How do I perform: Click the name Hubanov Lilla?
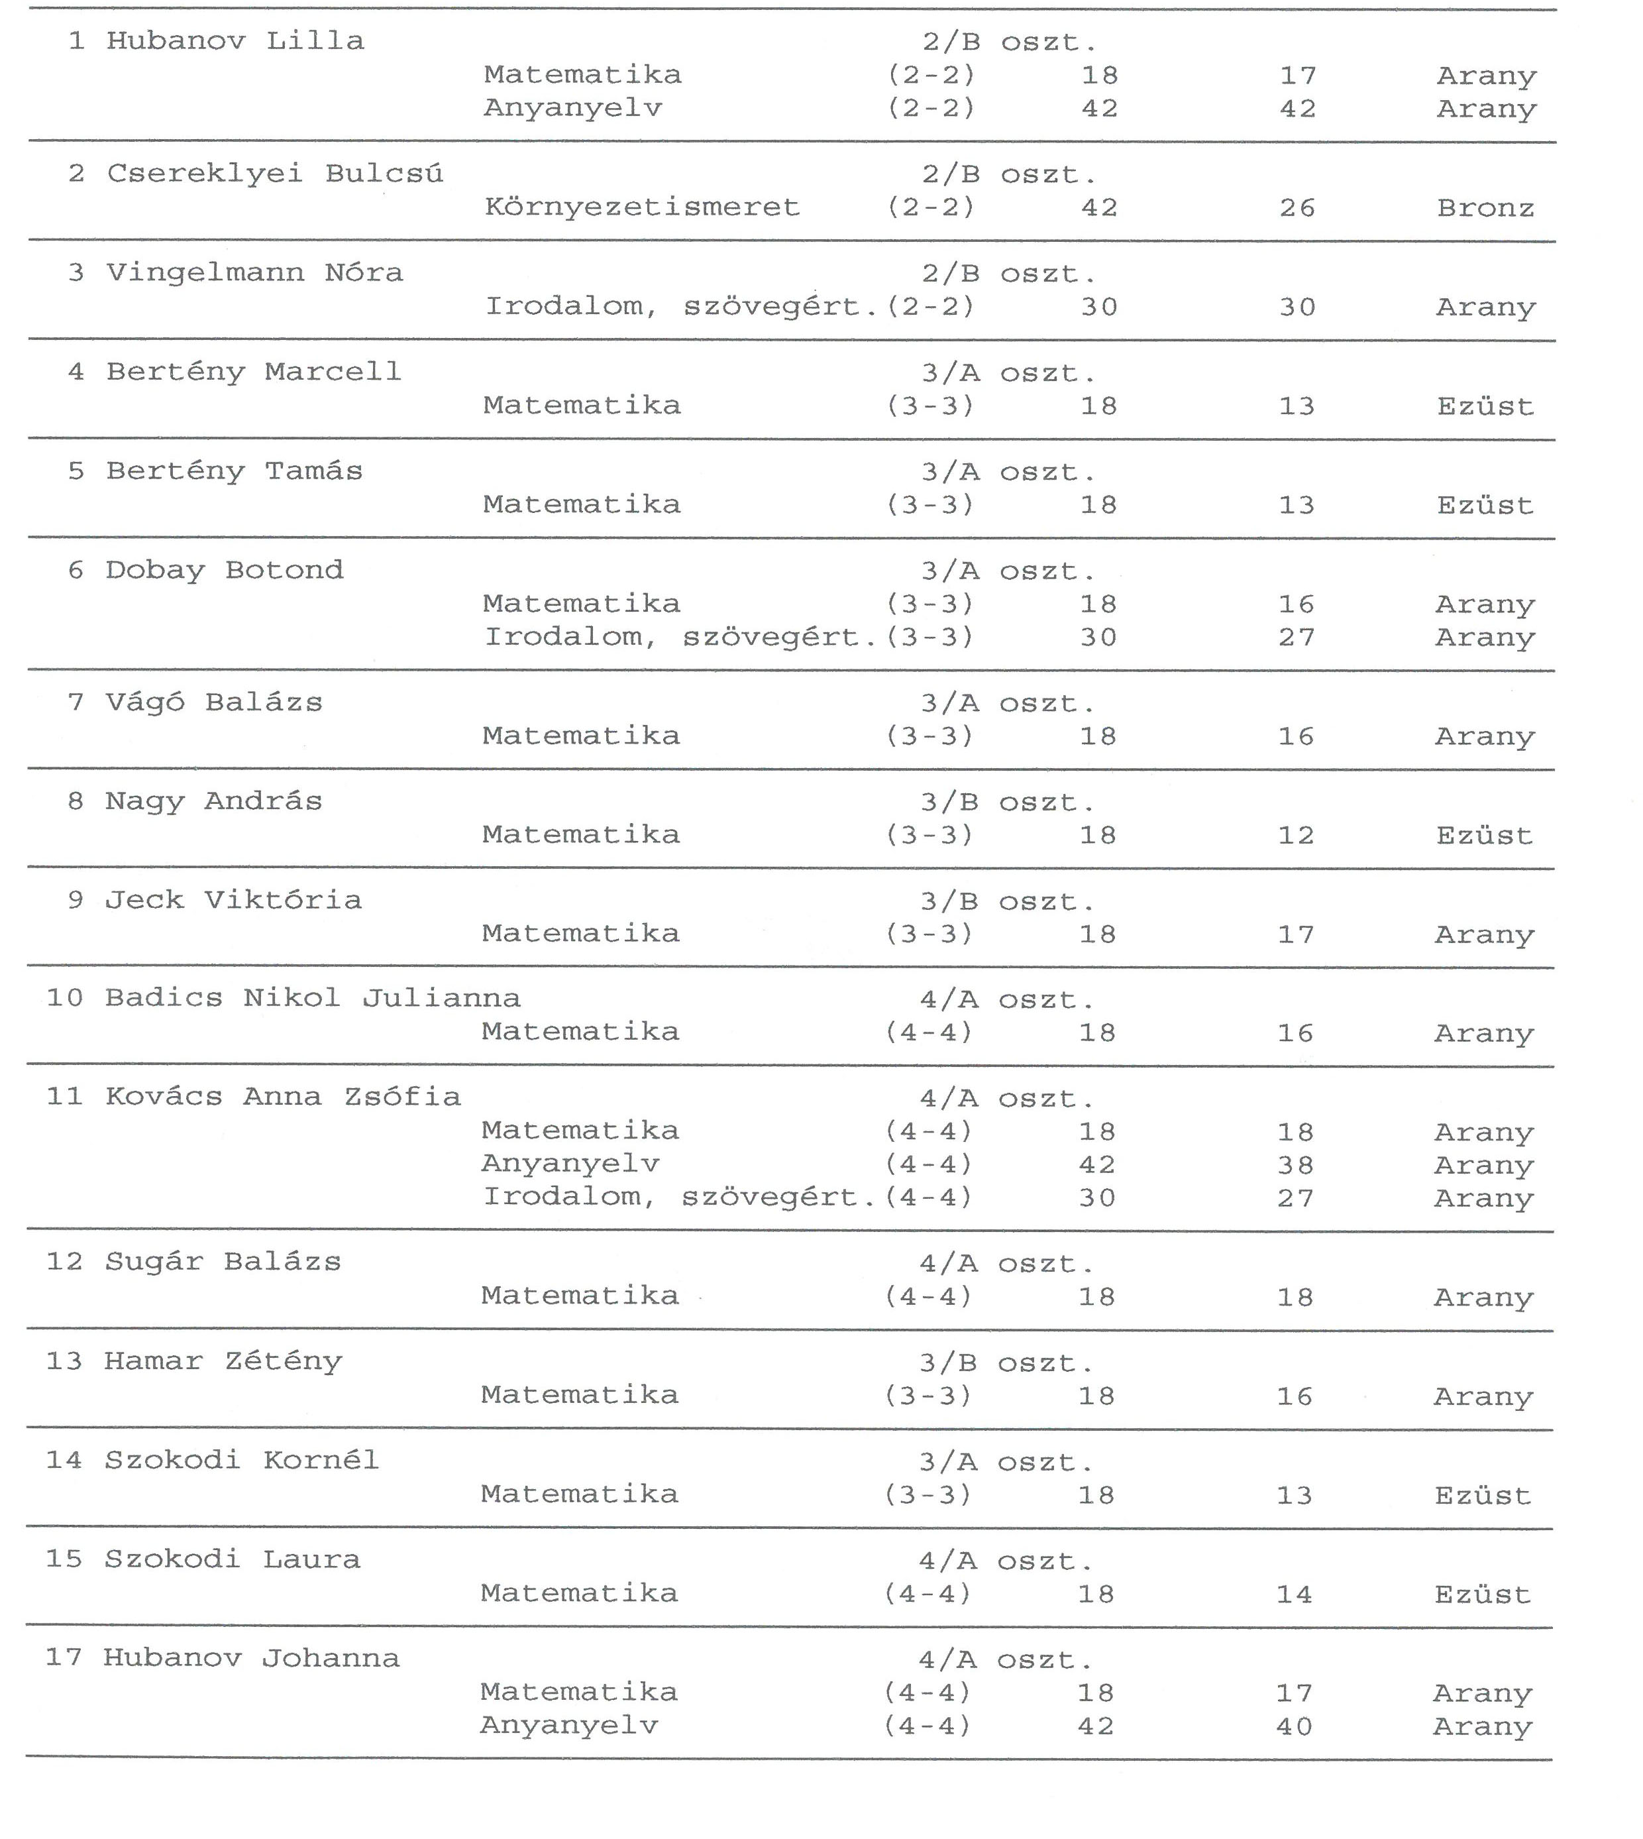pos(235,42)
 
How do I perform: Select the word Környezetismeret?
pos(642,207)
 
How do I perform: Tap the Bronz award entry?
pos(1485,209)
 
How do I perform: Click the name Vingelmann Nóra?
pos(254,272)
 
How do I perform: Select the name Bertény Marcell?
pos(254,372)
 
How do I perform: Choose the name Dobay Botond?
pos(224,571)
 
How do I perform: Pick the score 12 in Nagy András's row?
pos(1295,836)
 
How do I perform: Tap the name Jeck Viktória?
pos(233,900)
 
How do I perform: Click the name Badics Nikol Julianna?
pos(312,999)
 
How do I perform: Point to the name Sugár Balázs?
pos(223,1262)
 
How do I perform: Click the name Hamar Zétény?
pos(223,1361)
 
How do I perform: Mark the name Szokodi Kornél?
pos(241,1461)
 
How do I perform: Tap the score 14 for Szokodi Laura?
pos(1294,1595)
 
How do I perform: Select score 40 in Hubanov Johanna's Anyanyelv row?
pos(1294,1727)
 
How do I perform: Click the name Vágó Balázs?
pos(213,703)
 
